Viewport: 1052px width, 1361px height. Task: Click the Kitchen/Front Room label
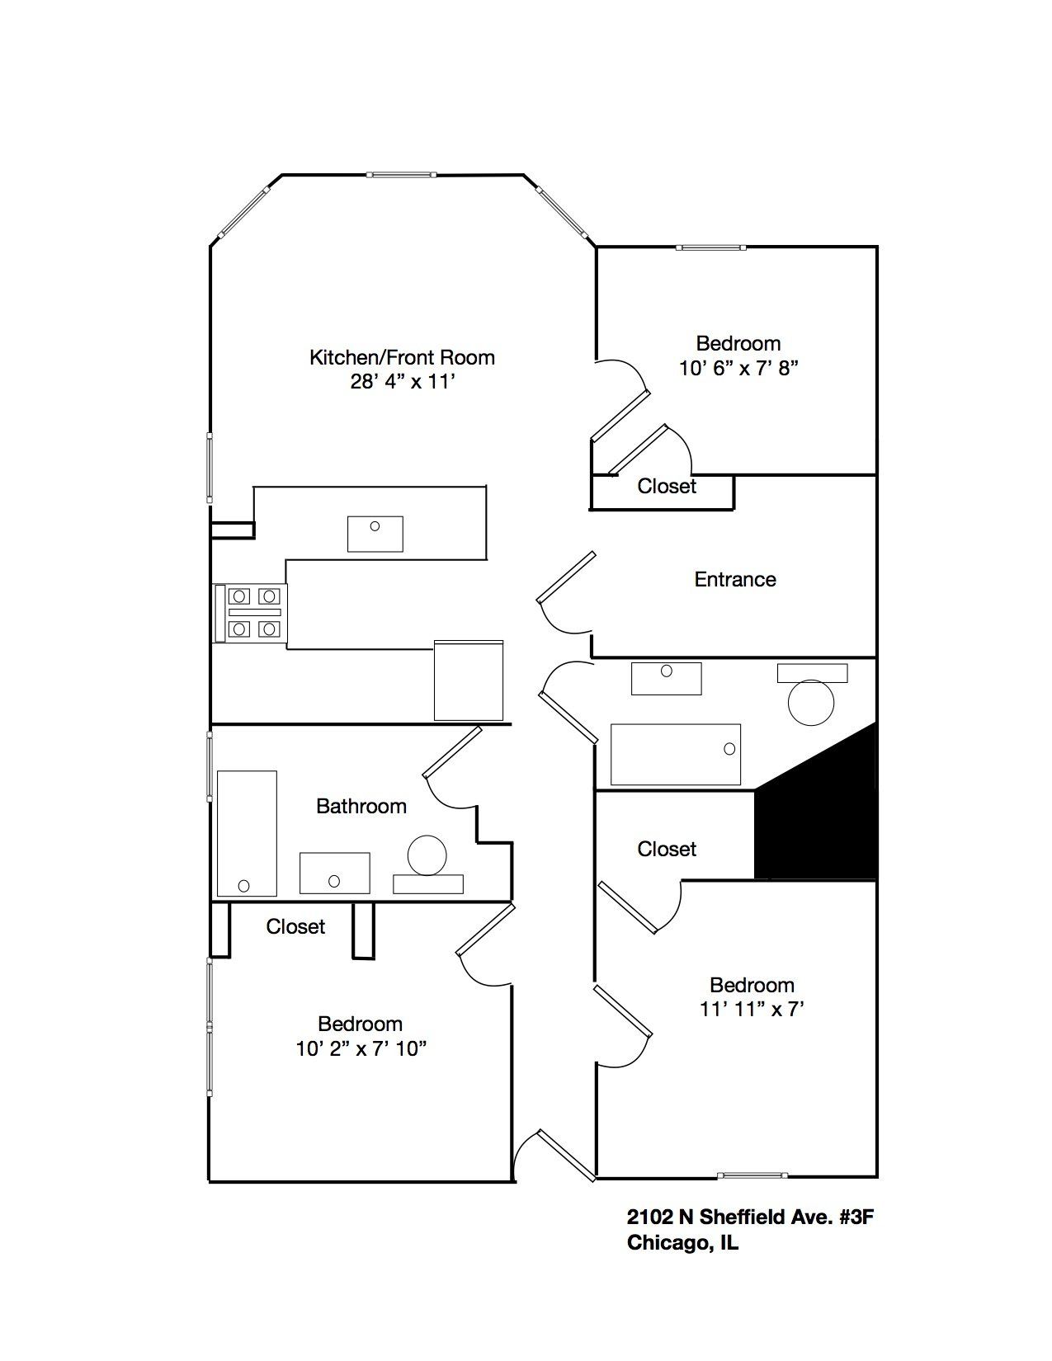402,357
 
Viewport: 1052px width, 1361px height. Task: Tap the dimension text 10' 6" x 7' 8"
738,368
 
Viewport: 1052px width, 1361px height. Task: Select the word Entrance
735,579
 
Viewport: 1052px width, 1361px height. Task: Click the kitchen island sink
375,533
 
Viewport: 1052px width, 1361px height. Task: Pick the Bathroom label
361,806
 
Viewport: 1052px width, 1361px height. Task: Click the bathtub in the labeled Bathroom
247,833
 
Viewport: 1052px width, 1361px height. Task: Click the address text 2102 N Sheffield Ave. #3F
749,1217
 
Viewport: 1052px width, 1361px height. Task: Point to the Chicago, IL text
682,1243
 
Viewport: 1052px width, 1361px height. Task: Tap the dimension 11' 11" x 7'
752,1009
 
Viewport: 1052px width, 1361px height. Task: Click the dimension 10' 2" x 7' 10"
361,1048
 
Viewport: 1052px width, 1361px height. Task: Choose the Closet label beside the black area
667,849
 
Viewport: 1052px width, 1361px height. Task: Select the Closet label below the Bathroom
295,926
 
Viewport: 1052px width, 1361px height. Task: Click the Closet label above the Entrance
667,486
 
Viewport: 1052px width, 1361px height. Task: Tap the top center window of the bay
401,175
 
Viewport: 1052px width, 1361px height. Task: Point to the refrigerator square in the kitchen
469,680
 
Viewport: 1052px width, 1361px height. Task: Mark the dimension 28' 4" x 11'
402,382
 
